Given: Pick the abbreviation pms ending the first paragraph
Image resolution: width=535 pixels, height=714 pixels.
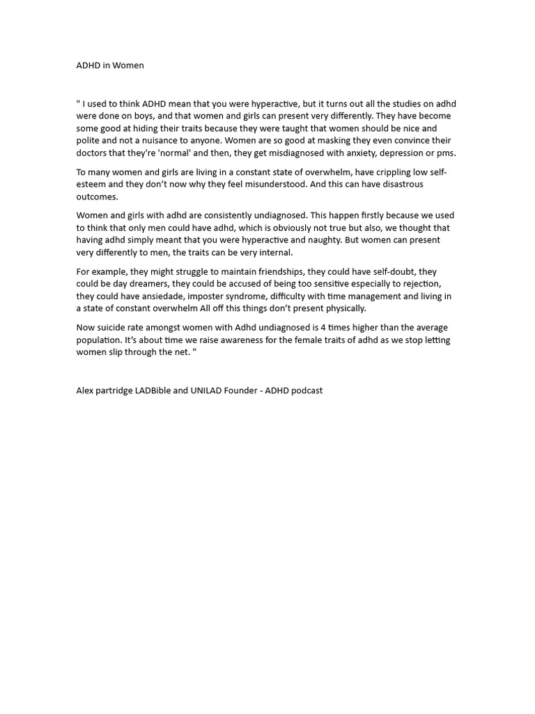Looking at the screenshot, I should pyautogui.click(x=446, y=153).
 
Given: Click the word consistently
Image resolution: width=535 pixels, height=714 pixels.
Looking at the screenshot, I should pyautogui.click(x=208, y=215).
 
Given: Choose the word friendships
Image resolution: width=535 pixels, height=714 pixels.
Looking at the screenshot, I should pyautogui.click(x=277, y=271).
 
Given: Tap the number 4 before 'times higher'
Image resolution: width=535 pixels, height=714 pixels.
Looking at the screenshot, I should pyautogui.click(x=323, y=328).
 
